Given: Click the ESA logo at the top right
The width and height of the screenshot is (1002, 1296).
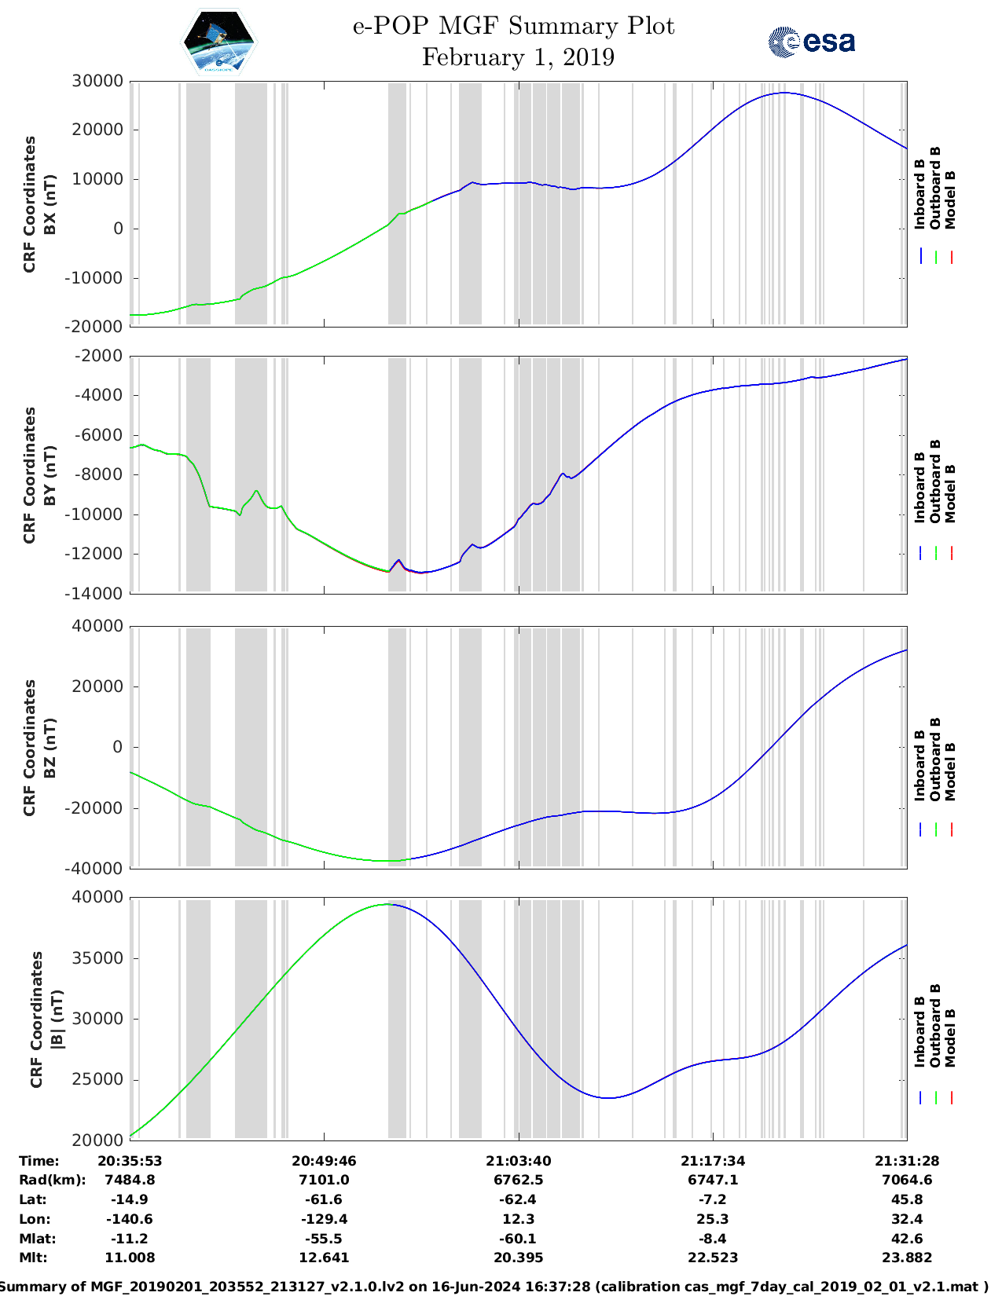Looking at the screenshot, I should pyautogui.click(x=812, y=42).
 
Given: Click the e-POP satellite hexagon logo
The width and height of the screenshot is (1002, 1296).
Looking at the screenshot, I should pyautogui.click(x=218, y=42).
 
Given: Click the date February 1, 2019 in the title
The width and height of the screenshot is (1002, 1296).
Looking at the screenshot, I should pyautogui.click(x=518, y=57).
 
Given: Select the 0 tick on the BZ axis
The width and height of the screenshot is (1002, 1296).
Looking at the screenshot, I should pyautogui.click(x=118, y=747).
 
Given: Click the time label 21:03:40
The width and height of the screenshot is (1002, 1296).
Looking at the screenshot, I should pyautogui.click(x=518, y=1161).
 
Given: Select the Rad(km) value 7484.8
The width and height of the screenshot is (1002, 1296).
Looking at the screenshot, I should pyautogui.click(x=130, y=1180).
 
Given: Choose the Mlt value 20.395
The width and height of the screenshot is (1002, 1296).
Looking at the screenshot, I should pyautogui.click(x=518, y=1258).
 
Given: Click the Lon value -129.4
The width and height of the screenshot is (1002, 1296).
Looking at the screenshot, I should pyautogui.click(x=324, y=1219).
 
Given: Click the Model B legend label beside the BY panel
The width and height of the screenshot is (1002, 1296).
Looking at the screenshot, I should pyautogui.click(x=950, y=493).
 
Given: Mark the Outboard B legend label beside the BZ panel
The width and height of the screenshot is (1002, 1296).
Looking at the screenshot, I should pyautogui.click(x=935, y=760).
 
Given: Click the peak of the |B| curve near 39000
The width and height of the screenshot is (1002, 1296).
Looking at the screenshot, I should pyautogui.click(x=388, y=904).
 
